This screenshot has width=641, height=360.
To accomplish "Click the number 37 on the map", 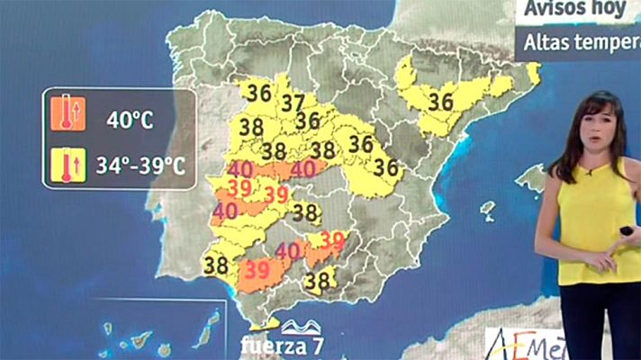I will (293, 103).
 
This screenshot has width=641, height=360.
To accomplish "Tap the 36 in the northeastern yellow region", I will (441, 102).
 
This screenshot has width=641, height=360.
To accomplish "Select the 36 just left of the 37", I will (259, 93).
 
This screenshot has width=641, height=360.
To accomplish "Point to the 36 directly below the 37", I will (308, 121).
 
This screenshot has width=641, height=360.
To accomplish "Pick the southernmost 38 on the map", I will (317, 282).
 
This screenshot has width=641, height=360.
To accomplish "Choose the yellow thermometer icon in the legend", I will (68, 166).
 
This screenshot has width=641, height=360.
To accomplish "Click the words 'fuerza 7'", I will (282, 345).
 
